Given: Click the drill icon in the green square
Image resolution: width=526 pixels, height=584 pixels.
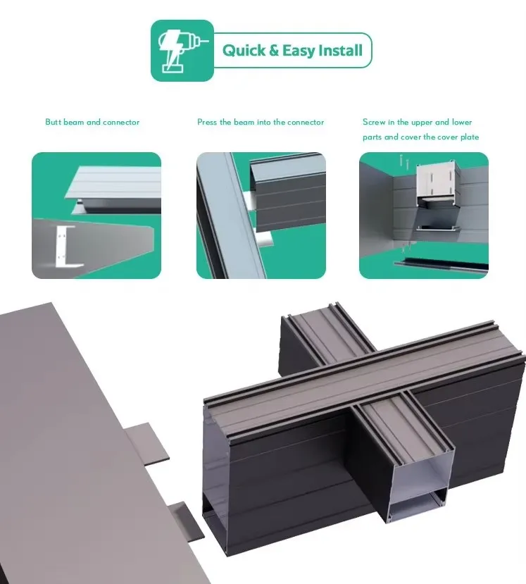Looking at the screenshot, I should [x=182, y=50].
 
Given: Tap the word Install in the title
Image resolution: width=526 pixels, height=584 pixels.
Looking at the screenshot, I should [x=339, y=51].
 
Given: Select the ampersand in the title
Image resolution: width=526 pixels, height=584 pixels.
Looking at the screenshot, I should [x=275, y=51].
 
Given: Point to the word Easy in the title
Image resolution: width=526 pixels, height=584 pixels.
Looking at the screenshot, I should [x=299, y=51].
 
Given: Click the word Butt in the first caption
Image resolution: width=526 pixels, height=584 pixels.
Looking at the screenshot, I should [x=54, y=123].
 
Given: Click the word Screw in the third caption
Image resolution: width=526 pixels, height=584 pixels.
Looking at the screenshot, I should [x=374, y=123].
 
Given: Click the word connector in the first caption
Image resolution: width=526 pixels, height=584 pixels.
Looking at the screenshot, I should [x=121, y=123].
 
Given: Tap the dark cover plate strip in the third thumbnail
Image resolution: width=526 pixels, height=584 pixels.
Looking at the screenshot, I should [x=439, y=266].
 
